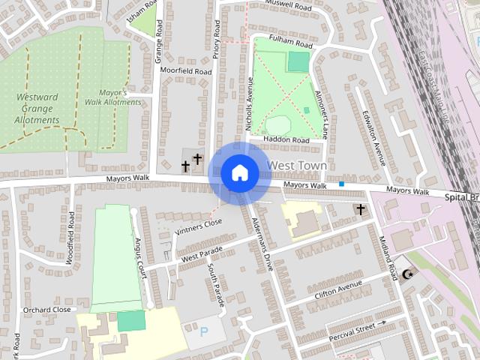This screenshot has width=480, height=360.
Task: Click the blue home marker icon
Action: coord(239,173)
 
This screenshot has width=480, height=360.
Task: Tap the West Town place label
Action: coord(297,165)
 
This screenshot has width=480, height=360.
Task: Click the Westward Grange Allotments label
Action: coord(36,109)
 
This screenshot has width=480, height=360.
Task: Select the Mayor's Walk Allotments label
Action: coord(112,97)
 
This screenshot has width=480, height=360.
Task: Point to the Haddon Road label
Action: coord(289,140)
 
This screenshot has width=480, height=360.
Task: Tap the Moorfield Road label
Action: coord(186,71)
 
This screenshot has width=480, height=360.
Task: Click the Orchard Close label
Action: coord(46,309)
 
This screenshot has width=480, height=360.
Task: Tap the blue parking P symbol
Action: coord(204,331)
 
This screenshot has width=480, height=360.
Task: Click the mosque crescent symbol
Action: coord(408,275)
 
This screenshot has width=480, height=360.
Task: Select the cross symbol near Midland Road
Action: coord(361,209)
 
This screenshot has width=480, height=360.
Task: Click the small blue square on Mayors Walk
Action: coord(342,184)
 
